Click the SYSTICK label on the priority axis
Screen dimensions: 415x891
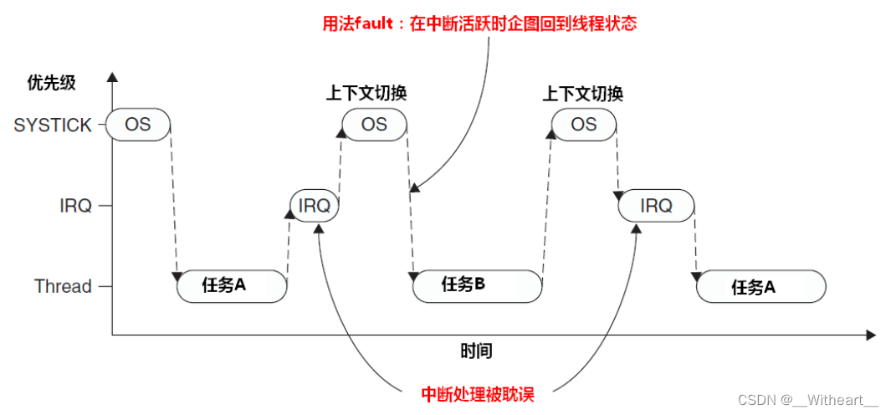coord(53,126)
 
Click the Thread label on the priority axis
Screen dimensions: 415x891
coord(63,286)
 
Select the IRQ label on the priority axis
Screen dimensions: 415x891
coord(75,206)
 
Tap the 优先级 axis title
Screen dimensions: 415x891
coord(51,83)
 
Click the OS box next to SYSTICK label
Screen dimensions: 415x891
coord(138,125)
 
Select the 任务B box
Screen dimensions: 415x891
coord(477,285)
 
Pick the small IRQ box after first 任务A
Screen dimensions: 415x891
coord(315,206)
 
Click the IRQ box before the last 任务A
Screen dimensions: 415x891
coord(657,206)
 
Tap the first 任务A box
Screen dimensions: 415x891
coord(232,286)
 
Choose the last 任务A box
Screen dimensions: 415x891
coord(761,287)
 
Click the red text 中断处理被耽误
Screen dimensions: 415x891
coord(478,393)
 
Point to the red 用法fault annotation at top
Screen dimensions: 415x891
coord(479,23)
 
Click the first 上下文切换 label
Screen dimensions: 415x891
coord(366,93)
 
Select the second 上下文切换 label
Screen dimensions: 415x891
coord(583,93)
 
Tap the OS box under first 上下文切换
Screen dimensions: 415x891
coord(374,124)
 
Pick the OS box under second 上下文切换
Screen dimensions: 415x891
coord(584,124)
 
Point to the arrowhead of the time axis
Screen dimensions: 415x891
coord(871,336)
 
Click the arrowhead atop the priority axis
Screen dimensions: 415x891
coord(113,76)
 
